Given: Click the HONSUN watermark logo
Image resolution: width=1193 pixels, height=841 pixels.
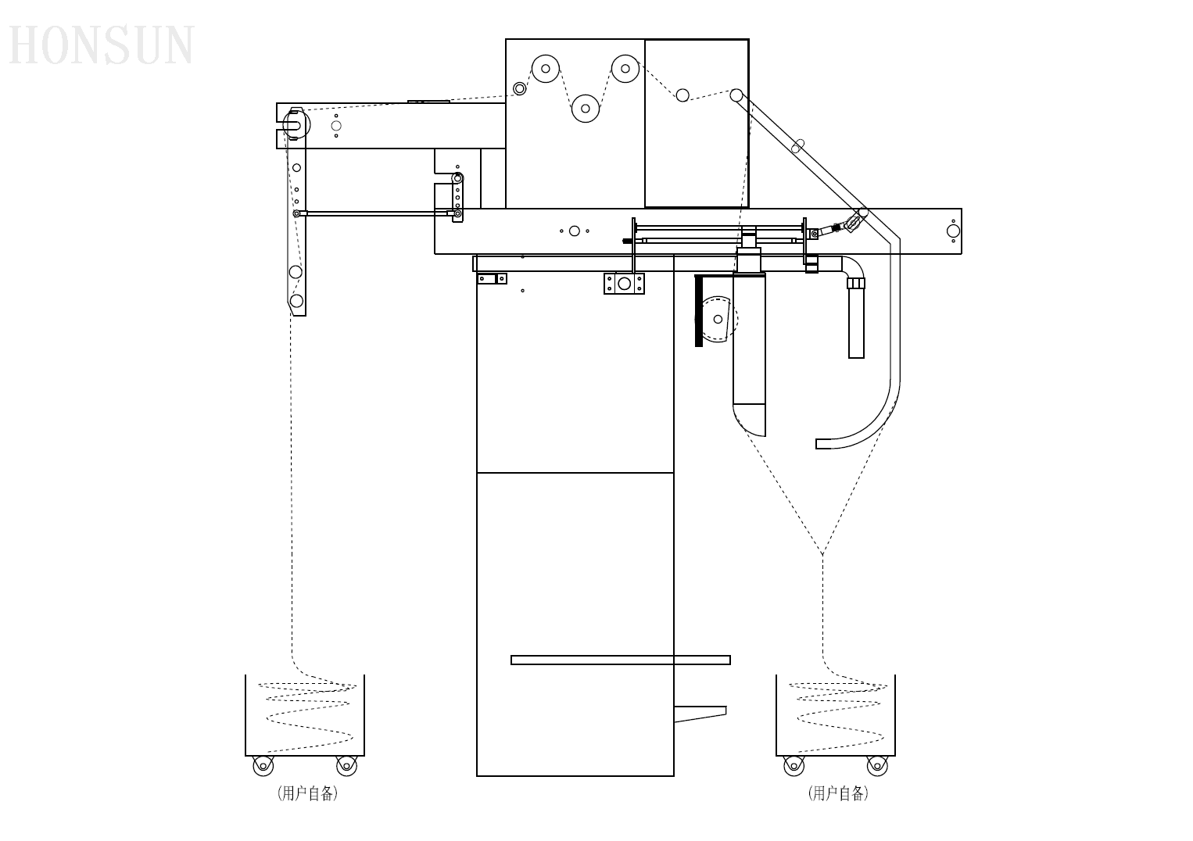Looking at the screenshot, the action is click(x=101, y=45).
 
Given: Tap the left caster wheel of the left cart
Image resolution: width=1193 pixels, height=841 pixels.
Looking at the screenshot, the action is click(x=263, y=766).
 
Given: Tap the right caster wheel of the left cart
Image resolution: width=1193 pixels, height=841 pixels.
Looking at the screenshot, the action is click(x=346, y=766).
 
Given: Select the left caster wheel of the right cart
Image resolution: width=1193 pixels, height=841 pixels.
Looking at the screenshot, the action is click(x=794, y=766).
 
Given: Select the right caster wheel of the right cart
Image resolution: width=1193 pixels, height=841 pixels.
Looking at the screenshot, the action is click(x=877, y=766).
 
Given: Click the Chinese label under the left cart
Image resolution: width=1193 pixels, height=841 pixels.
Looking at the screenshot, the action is click(x=307, y=793).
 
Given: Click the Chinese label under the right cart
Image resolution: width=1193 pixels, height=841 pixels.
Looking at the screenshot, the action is click(x=838, y=793).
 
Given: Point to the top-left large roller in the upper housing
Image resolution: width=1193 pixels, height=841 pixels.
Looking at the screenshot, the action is click(x=546, y=69).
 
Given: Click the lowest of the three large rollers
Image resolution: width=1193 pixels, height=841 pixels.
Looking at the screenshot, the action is click(x=586, y=109).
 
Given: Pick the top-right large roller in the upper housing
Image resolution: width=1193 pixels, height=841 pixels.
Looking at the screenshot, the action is click(x=625, y=69).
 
